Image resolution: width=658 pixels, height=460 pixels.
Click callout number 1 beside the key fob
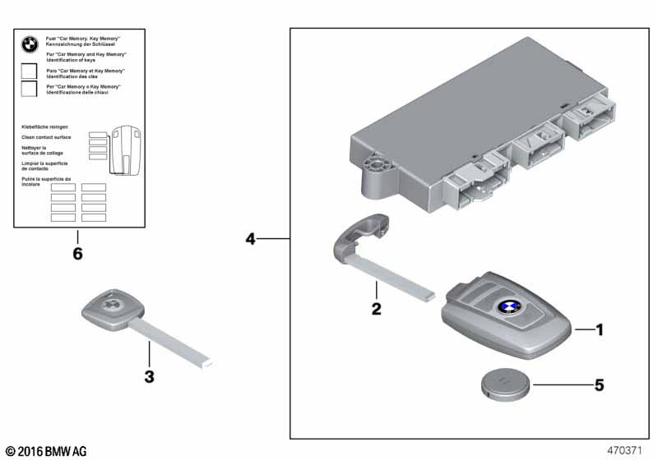pos(600,330)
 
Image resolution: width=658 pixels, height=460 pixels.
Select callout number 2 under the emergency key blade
pos(376,309)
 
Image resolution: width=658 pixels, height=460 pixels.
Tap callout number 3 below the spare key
pos(149,377)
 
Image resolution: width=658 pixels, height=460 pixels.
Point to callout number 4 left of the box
pos(251,239)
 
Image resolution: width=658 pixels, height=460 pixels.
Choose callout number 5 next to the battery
pos(600,384)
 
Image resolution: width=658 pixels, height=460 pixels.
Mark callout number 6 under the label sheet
pos(77,254)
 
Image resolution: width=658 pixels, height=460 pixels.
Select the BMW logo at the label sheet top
pos(30,46)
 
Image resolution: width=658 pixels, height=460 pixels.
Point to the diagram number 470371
pos(624,451)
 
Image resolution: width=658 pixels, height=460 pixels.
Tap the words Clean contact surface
pos(45,137)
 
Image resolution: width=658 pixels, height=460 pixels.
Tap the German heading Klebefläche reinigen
pos(44,127)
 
